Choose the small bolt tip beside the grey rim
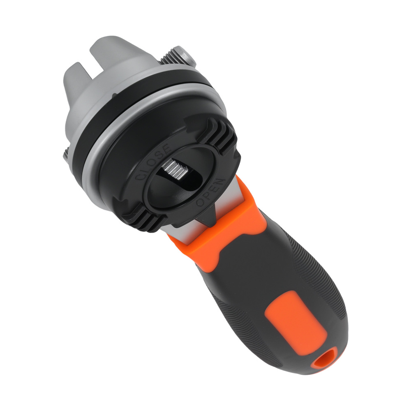[67, 155]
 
